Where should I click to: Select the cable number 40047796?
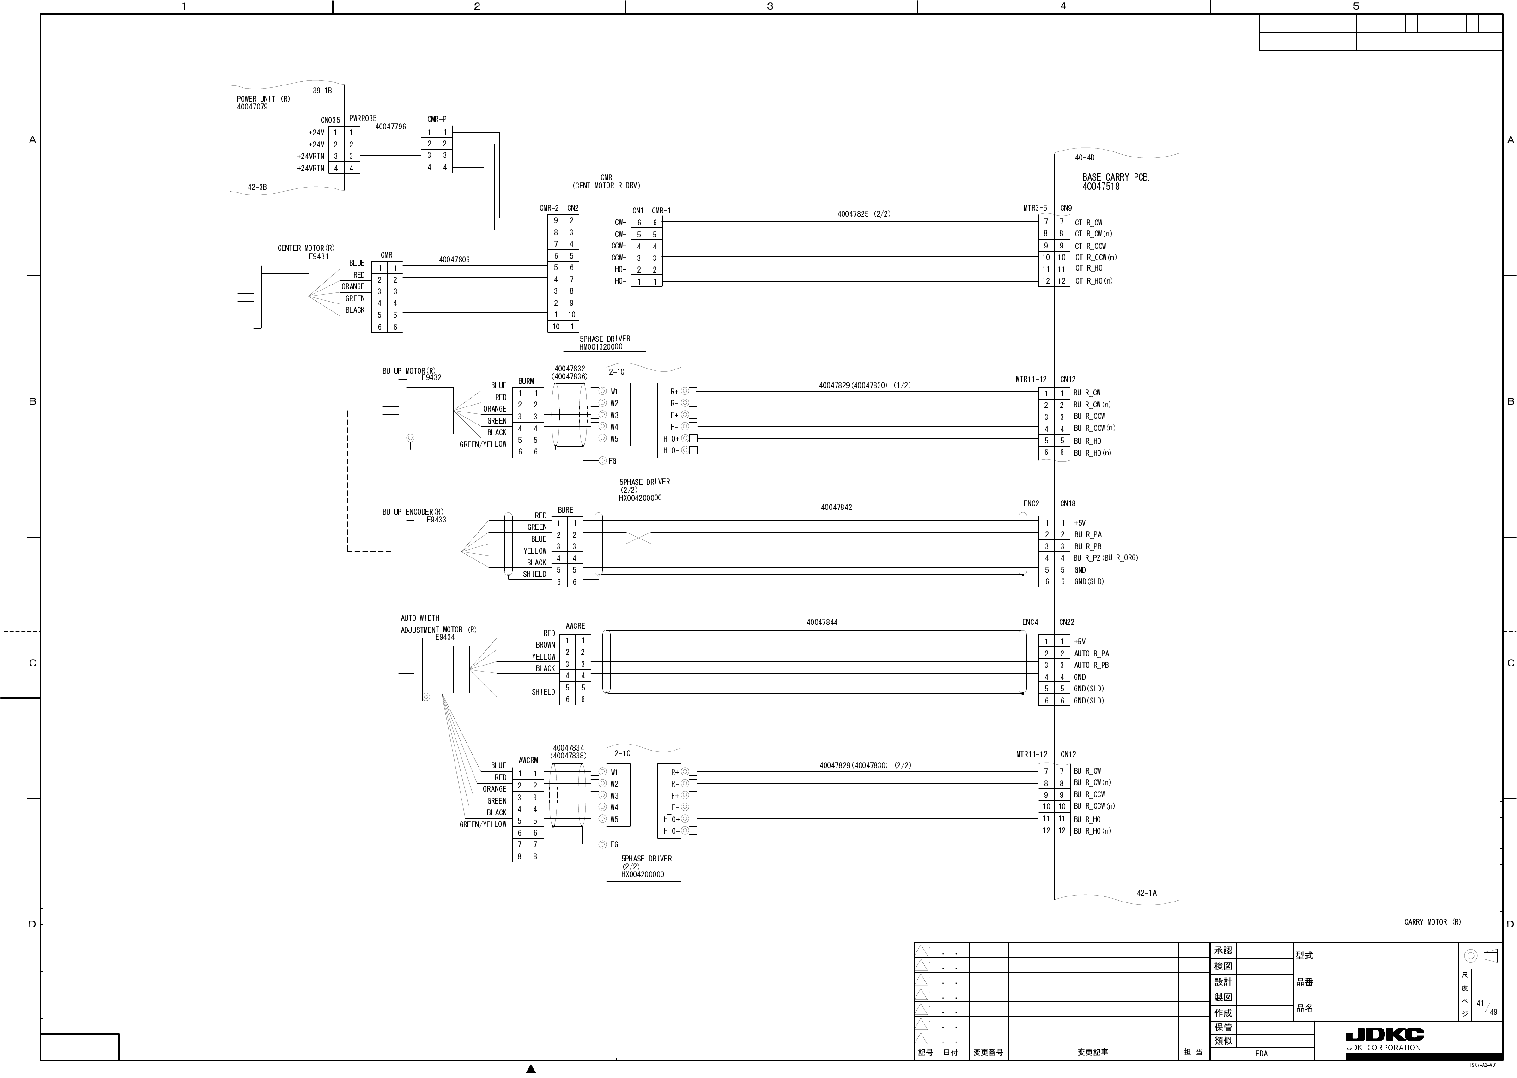390,127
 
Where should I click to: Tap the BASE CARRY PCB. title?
1115,177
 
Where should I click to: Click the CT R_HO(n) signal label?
1093,281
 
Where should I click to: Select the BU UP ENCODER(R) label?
413,512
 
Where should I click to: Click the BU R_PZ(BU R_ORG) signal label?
1105,557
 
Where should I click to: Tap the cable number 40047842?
836,507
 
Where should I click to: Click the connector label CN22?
1066,622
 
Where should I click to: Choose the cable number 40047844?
822,622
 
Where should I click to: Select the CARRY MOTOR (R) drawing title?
1432,922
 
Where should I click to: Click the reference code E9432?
431,378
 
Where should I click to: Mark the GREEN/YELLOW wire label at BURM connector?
483,444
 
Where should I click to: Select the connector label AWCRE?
575,626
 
